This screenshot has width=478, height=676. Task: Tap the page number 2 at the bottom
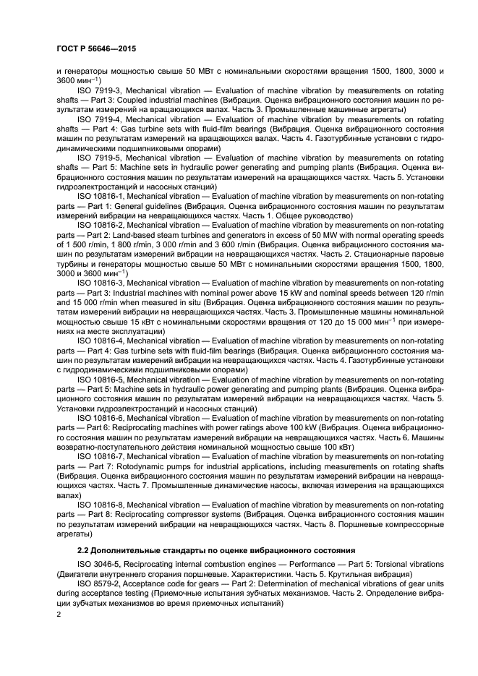(59, 614)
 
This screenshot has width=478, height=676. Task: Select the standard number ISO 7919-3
(100, 90)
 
